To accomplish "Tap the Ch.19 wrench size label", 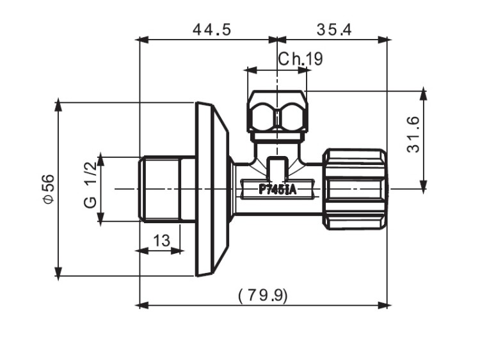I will click(x=300, y=59).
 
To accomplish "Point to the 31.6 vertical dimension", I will click(x=413, y=134).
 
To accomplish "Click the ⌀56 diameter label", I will click(x=47, y=189).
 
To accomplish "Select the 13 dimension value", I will click(x=162, y=240).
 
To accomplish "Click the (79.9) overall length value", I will click(x=263, y=295).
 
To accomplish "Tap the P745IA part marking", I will click(x=277, y=189).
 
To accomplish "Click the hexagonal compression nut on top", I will click(x=277, y=115).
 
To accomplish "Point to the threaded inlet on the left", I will click(x=160, y=189).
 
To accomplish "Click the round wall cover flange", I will click(x=211, y=189).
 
